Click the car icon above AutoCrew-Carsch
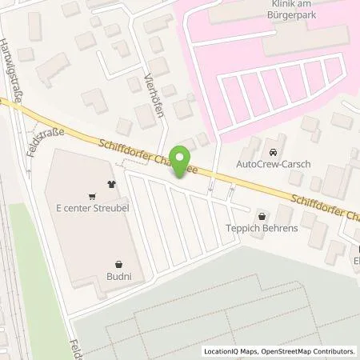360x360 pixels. click(x=274, y=151)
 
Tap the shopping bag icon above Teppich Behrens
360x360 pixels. click(x=262, y=215)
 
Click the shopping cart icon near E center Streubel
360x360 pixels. click(x=93, y=194)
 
